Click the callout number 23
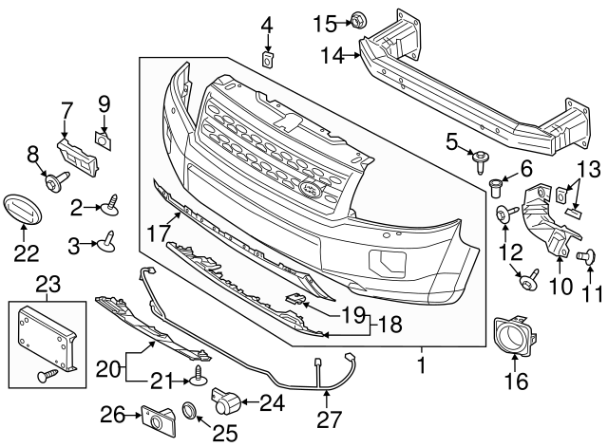[x=47, y=282]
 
